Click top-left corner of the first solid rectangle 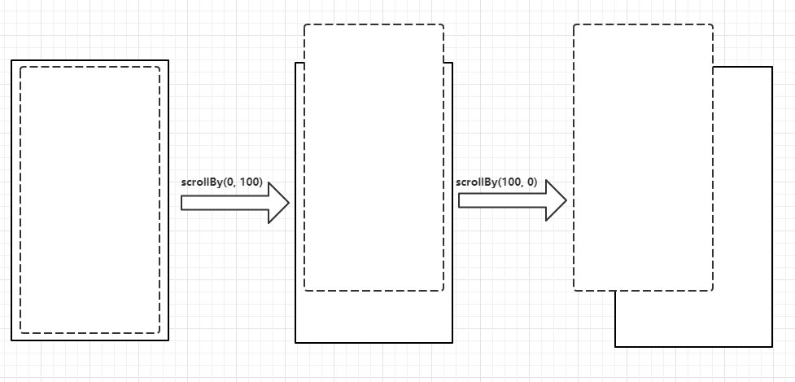11,60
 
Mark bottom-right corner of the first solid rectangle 168,340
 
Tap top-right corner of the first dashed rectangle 159,67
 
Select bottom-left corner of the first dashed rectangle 20,333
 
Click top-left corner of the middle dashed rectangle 304,24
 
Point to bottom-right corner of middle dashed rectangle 443,290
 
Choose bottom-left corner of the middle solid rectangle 295,343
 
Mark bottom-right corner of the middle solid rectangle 452,343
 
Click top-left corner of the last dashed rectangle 574,24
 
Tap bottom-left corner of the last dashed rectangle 574,290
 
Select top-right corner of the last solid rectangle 771,67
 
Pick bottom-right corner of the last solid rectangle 771,346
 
